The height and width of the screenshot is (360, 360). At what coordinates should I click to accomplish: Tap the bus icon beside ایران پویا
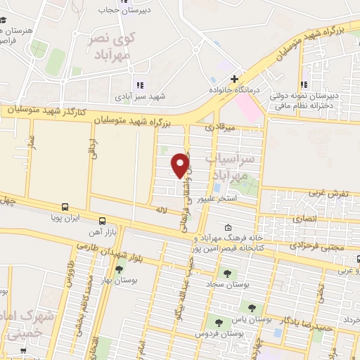pos(65,207)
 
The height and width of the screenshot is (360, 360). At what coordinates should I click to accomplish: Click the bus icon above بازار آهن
pos(103,221)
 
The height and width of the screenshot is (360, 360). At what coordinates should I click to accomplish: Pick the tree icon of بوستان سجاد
pos(226,274)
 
